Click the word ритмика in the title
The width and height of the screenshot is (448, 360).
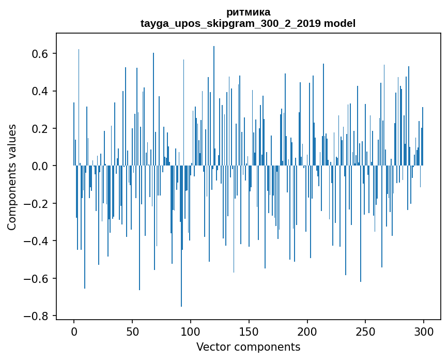click(x=248, y=12)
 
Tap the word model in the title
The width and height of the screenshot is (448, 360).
click(x=339, y=23)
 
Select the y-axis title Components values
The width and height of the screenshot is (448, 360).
click(x=12, y=177)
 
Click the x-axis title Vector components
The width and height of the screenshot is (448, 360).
click(x=248, y=347)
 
